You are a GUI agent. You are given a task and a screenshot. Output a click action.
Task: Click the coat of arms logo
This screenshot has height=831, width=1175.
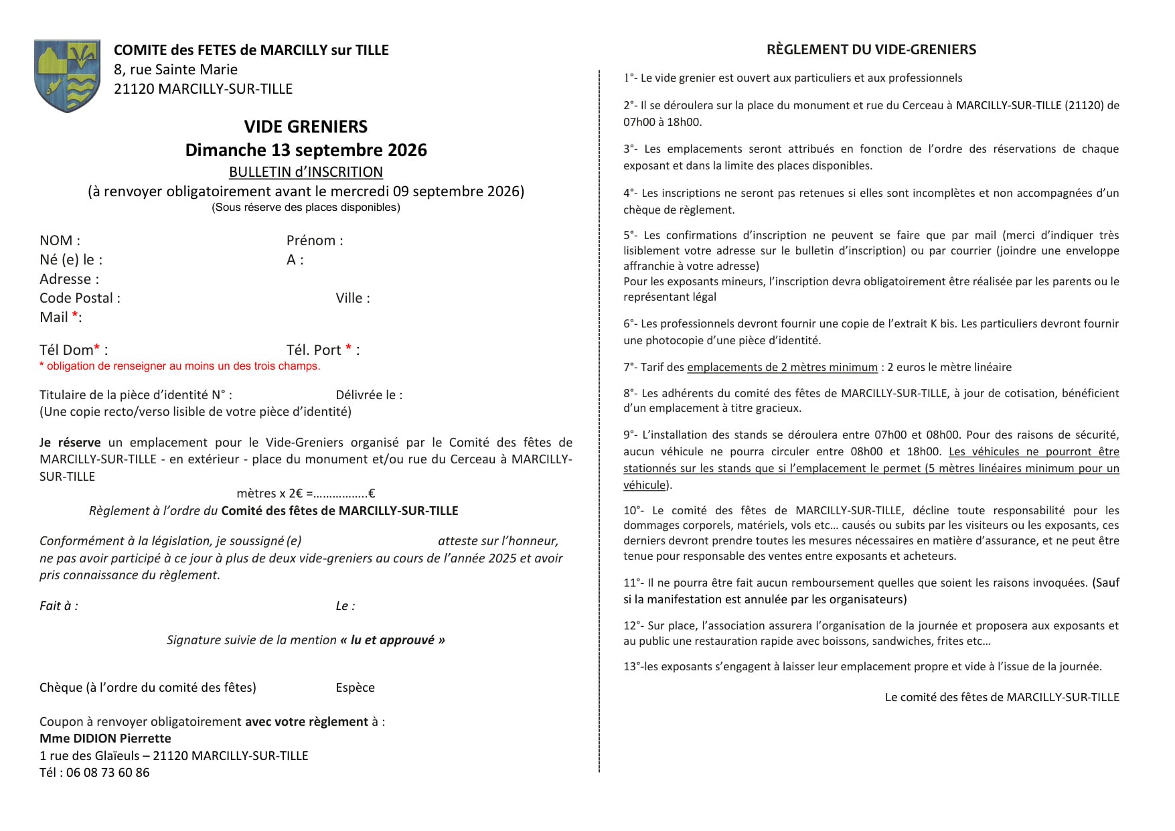click(x=67, y=76)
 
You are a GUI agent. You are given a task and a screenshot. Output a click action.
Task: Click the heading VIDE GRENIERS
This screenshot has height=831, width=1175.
click(x=305, y=127)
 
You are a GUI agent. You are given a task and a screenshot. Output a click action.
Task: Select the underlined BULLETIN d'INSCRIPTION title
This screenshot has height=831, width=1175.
click(x=305, y=172)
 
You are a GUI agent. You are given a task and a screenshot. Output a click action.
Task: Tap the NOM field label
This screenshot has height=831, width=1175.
click(x=59, y=240)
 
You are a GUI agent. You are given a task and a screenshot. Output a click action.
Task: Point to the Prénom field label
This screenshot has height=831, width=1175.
click(x=314, y=240)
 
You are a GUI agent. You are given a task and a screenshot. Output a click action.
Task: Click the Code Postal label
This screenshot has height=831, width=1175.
click(x=79, y=298)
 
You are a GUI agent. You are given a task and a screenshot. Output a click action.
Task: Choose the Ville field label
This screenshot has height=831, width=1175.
click(x=352, y=298)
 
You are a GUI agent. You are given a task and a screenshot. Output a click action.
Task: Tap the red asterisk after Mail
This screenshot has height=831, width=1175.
click(x=75, y=315)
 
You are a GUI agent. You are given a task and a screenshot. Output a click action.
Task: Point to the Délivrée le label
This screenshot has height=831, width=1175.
click(x=369, y=395)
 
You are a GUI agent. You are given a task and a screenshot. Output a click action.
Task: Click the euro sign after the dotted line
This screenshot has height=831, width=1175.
click(x=372, y=494)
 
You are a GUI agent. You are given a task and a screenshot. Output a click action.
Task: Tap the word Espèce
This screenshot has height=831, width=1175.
click(x=355, y=688)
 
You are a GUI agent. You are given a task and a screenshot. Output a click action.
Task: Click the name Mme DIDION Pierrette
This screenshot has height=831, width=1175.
click(x=105, y=739)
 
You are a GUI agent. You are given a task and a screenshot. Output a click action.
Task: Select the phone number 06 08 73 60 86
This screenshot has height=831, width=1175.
click(x=108, y=773)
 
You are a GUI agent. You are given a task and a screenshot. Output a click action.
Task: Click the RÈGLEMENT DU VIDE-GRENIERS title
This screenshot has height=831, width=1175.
click(x=871, y=50)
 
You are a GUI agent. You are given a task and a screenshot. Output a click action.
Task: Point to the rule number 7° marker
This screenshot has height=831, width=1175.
click(x=629, y=368)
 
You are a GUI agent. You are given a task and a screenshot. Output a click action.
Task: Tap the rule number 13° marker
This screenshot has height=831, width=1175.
click(x=631, y=667)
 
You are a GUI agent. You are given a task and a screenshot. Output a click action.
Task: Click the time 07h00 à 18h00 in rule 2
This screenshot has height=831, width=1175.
click(x=662, y=123)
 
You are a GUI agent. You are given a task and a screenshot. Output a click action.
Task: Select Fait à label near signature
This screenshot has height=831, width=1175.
click(x=58, y=606)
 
